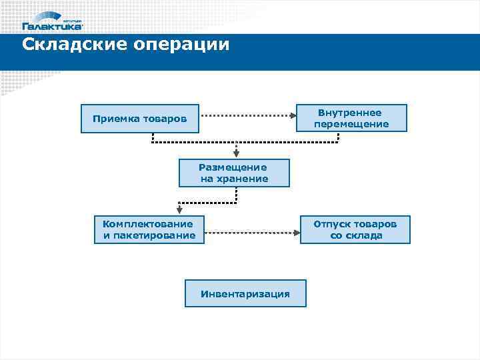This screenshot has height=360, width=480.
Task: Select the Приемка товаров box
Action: (x=140, y=119)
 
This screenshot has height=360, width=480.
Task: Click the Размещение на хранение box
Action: (x=234, y=173)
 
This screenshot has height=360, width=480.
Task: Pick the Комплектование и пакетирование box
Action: (x=149, y=229)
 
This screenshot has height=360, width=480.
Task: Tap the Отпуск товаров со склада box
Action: (x=355, y=229)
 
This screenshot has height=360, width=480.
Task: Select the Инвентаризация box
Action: (x=245, y=293)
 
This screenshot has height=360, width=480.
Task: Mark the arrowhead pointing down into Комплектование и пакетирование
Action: (x=179, y=211)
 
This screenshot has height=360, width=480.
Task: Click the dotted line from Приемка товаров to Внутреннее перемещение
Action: (x=247, y=115)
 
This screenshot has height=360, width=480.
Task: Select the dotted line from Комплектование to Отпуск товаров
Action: (x=250, y=233)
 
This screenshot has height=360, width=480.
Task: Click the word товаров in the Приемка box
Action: (x=164, y=119)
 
